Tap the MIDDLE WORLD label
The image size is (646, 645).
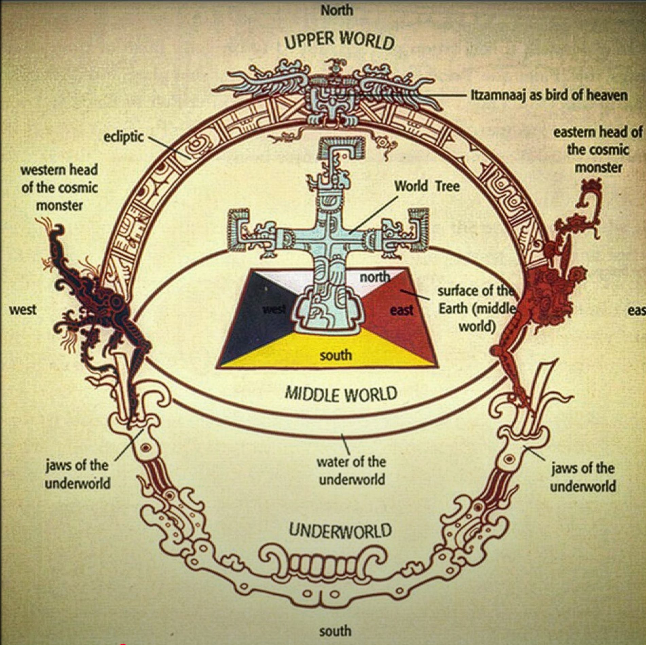pyautogui.click(x=341, y=394)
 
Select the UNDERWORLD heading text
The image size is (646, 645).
pyautogui.click(x=340, y=530)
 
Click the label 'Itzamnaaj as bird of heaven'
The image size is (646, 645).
pyautogui.click(x=549, y=95)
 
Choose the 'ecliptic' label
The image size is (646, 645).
pyautogui.click(x=124, y=137)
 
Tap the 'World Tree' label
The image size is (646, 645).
pyautogui.click(x=427, y=186)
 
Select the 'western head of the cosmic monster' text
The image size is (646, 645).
pyautogui.click(x=60, y=187)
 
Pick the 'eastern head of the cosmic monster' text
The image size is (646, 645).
pyautogui.click(x=598, y=150)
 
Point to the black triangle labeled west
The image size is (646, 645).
pyautogui.click(x=258, y=316)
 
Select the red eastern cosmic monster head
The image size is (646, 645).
pyautogui.click(x=550, y=289)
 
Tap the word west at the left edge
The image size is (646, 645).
pyautogui.click(x=23, y=310)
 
